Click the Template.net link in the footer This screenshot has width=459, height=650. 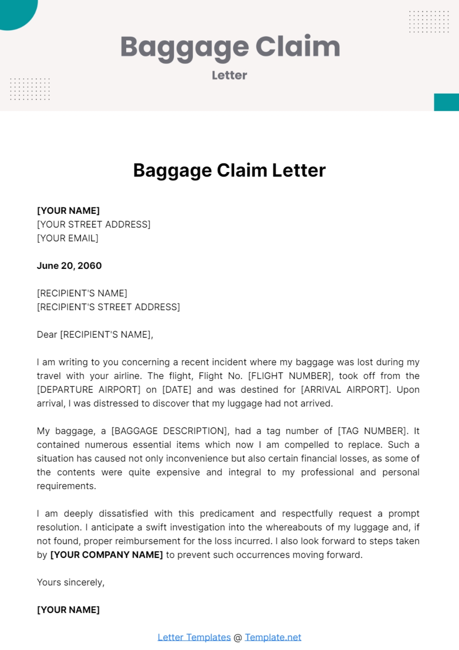tap(273, 637)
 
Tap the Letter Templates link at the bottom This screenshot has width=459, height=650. tap(194, 637)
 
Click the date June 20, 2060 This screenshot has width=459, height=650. tap(69, 266)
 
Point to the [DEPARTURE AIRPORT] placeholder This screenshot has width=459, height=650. tap(89, 390)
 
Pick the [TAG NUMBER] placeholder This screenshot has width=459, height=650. tap(372, 431)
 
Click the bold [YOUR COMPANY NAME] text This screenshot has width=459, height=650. tap(107, 555)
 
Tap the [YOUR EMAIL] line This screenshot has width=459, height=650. tap(68, 238)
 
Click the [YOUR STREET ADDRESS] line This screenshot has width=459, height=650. tap(94, 224)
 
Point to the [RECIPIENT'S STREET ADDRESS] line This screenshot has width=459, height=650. tap(108, 307)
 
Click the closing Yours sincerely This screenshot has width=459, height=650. tap(70, 582)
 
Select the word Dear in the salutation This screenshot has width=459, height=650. tap(47, 335)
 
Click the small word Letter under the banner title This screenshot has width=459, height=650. tap(229, 75)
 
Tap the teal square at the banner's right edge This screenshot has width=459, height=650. tap(446, 102)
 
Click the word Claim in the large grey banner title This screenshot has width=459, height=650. tap(298, 47)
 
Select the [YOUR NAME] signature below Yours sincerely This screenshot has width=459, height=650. tap(68, 610)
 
